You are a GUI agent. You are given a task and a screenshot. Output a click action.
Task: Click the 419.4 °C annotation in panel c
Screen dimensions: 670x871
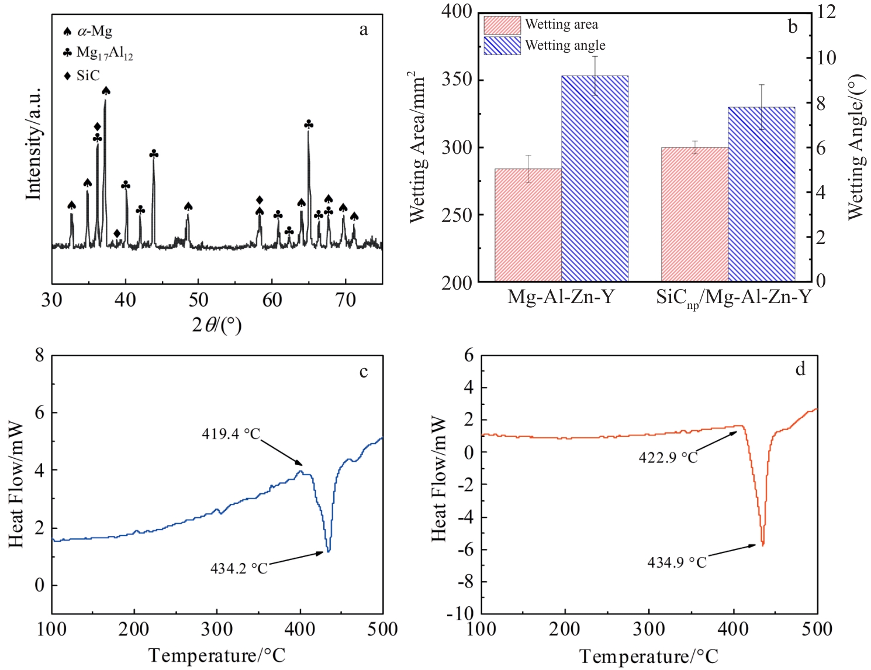pyautogui.click(x=231, y=434)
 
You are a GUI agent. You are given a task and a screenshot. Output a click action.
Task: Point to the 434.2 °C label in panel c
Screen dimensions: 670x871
pyautogui.click(x=239, y=568)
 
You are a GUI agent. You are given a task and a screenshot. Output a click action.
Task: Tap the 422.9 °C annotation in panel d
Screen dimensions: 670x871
pyautogui.click(x=668, y=457)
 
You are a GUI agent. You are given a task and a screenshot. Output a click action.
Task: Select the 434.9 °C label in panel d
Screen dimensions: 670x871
pyautogui.click(x=677, y=562)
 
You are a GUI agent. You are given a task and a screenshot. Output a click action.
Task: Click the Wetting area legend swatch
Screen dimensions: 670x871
pyautogui.click(x=502, y=25)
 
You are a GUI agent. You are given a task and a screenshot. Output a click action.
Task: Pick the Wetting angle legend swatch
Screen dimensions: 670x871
pyautogui.click(x=502, y=46)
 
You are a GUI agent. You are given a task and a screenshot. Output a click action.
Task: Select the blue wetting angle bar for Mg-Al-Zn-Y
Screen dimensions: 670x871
pyautogui.click(x=595, y=178)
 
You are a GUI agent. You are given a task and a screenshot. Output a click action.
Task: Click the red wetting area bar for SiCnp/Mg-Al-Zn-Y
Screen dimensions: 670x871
pyautogui.click(x=694, y=214)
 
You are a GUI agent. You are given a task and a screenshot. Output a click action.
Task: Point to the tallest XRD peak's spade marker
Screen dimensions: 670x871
pyautogui.click(x=106, y=91)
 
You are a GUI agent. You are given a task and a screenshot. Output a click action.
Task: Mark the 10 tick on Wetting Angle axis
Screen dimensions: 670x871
pyautogui.click(x=827, y=58)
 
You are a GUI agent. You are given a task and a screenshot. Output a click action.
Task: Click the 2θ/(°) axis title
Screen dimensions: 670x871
pyautogui.click(x=216, y=324)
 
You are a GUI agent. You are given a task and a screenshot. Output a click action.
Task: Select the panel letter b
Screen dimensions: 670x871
pyautogui.click(x=793, y=27)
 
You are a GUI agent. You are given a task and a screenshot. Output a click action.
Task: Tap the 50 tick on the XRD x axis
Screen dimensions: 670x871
pyautogui.click(x=198, y=300)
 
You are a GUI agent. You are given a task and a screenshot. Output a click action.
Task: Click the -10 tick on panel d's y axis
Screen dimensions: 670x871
pyautogui.click(x=460, y=614)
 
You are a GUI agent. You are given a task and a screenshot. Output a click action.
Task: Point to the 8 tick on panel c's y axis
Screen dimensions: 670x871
pyautogui.click(x=39, y=355)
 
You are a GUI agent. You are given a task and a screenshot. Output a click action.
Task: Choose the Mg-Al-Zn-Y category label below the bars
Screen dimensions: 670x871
pyautogui.click(x=561, y=297)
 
